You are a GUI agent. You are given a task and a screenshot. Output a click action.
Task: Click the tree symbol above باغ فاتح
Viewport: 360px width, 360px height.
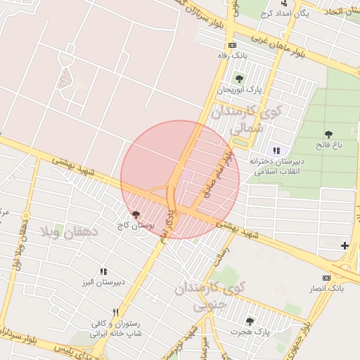pyautogui.click(x=328, y=134)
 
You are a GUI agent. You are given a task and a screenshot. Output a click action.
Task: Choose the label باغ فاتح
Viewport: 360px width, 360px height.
pyautogui.click(x=328, y=147)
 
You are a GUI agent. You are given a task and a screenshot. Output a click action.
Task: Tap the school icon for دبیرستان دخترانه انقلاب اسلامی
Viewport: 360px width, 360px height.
pyautogui.click(x=276, y=150)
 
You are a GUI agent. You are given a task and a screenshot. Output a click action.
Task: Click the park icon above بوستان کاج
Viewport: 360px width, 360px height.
pyautogui.click(x=136, y=214)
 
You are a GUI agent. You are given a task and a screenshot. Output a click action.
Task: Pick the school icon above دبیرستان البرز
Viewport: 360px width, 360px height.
pyautogui.click(x=103, y=271)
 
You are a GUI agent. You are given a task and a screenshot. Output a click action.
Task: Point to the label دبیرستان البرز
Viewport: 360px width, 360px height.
pyautogui.click(x=103, y=283)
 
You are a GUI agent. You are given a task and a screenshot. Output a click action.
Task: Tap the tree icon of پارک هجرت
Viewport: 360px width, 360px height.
pyautogui.click(x=249, y=321)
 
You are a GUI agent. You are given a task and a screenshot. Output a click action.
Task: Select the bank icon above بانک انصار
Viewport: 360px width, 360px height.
pyautogui.click(x=326, y=278)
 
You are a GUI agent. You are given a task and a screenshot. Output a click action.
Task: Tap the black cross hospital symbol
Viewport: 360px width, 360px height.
pyautogui.click(x=345, y=245)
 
